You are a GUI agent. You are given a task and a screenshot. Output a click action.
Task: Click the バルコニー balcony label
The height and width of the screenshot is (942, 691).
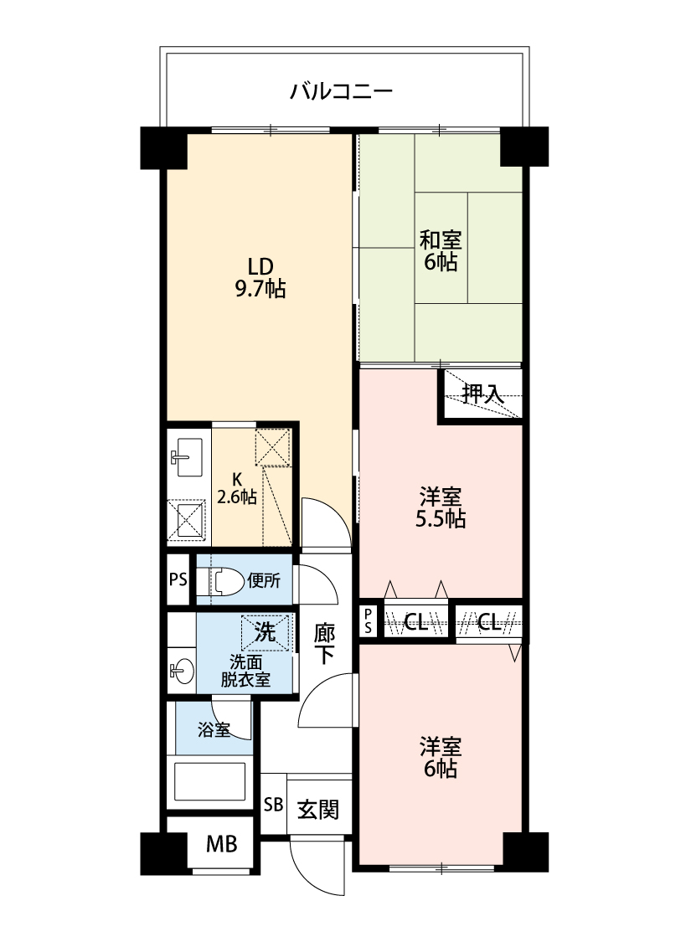coord(341,91)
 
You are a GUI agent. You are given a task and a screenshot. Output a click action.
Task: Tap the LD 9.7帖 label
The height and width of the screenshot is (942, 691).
coord(260,277)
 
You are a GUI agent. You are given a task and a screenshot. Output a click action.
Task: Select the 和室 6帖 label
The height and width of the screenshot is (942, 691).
coord(441,251)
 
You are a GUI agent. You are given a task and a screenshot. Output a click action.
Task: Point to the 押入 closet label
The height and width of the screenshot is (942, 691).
coord(482,394)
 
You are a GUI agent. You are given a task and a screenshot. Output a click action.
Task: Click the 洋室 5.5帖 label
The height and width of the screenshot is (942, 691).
coord(441,507)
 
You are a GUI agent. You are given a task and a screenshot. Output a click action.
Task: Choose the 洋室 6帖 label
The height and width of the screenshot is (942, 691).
coord(441,757)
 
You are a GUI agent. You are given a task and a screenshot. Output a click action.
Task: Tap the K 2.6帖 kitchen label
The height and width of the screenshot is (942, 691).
coord(237,488)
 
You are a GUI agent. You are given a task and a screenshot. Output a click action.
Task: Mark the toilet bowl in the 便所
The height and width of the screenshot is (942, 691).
coord(225,581)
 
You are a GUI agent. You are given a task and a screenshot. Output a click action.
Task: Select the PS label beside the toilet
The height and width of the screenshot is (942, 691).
coord(178,579)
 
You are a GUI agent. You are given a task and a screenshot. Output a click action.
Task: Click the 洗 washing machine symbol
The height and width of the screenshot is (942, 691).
coord(265,633)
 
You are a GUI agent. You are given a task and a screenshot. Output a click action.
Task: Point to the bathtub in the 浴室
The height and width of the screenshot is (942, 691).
coord(209,781)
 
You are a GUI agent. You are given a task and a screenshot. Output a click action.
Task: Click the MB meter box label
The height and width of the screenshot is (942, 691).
coord(221,844)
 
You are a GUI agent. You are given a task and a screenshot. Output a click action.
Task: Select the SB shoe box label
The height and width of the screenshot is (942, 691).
coord(273,805)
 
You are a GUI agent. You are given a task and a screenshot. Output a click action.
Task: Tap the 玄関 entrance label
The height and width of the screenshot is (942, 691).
coord(318,809)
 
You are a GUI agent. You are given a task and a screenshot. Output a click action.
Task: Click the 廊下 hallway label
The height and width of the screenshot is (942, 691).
coord(324,643)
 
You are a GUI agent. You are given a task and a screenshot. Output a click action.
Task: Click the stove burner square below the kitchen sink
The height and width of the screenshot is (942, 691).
coord(186,520)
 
